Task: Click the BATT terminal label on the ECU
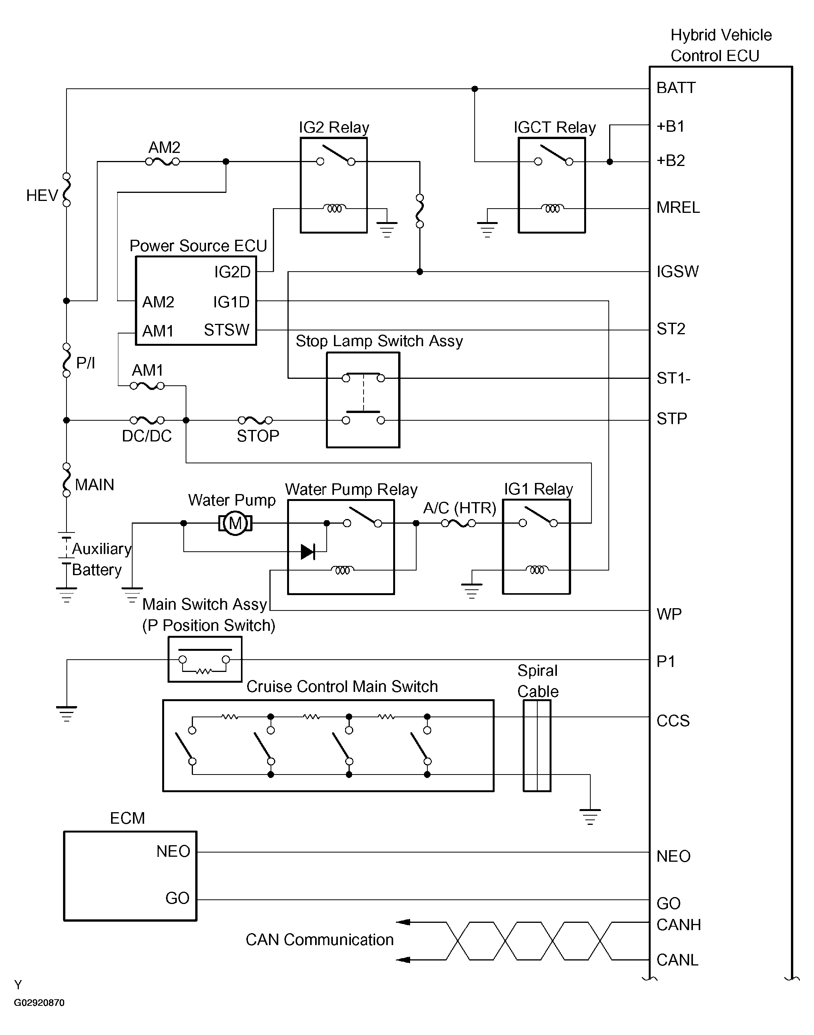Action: tap(676, 88)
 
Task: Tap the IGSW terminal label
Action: tap(677, 272)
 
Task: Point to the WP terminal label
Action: tap(669, 614)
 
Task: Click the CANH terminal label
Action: tap(678, 924)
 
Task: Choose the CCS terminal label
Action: tap(673, 721)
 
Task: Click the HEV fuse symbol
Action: tap(67, 189)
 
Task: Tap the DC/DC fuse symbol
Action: tap(147, 420)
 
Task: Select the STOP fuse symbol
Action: tap(256, 420)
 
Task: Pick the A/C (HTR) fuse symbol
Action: tap(458, 523)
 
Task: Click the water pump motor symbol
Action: tap(235, 523)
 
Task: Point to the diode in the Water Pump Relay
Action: tap(308, 552)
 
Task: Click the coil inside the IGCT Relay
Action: tap(552, 208)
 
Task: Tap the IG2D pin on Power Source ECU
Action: tap(232, 272)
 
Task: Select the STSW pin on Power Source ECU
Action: tap(226, 330)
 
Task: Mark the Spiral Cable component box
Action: tap(537, 745)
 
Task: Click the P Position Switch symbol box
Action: tap(205, 660)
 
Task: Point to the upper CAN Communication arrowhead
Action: tap(403, 922)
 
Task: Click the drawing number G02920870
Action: tap(39, 1003)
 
